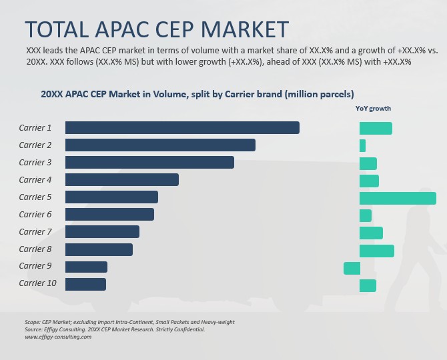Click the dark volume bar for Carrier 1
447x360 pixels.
tap(182, 127)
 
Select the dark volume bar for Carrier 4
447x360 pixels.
tap(121, 179)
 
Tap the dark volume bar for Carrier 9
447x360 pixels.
tap(86, 267)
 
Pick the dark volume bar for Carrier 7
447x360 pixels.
tap(102, 231)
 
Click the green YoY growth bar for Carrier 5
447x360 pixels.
tap(398, 198)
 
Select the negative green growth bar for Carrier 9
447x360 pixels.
tap(352, 268)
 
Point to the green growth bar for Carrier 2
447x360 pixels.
tap(362, 145)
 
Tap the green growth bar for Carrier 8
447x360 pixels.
tap(376, 250)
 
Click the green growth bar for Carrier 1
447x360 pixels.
tap(376, 127)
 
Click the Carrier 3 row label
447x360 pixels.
tap(35, 162)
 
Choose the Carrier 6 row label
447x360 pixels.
tap(35, 214)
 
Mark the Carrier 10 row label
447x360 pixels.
tap(37, 283)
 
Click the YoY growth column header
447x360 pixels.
tap(374, 108)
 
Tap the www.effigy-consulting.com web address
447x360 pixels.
tap(58, 337)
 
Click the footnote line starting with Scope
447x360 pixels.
tap(129, 322)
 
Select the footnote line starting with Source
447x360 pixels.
tap(115, 329)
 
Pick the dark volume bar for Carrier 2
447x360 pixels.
tap(160, 145)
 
